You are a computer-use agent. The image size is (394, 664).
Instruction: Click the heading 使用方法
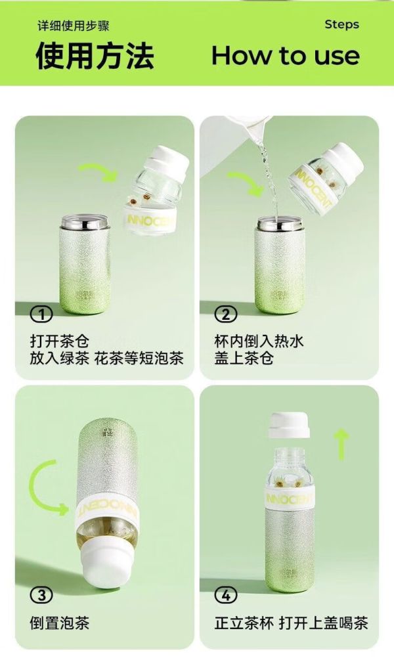coord(95,56)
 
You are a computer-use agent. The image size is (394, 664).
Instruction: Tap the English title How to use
coord(286,56)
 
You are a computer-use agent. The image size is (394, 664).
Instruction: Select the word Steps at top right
coord(342,24)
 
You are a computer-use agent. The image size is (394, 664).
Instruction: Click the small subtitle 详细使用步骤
coord(74,26)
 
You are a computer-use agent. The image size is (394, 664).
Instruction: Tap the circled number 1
coord(41,314)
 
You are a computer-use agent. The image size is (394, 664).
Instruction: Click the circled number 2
coord(226,314)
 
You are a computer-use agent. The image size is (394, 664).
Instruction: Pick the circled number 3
coord(41,595)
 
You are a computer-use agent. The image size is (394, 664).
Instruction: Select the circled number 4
coord(226,595)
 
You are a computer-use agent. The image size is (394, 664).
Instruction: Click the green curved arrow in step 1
coord(100,169)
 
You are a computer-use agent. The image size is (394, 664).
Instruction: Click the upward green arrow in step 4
coord(341,444)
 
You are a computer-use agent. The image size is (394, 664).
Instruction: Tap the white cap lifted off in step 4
coord(289,425)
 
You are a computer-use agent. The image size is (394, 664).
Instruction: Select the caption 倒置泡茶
coord(60,623)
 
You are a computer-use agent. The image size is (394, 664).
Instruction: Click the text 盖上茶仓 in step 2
coord(244,358)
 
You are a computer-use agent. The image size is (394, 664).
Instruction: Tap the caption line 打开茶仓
coord(60,341)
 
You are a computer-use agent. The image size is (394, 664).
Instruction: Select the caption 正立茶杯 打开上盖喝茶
coord(291,623)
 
